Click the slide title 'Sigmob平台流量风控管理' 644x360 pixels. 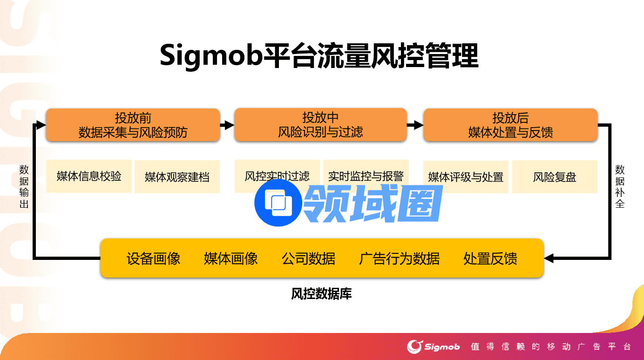tap(319, 56)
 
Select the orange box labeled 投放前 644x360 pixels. tap(133, 125)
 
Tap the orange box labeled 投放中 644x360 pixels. tap(320, 125)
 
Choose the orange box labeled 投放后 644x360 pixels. tap(510, 125)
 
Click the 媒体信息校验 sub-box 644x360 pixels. tap(89, 176)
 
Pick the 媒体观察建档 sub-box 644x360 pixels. tap(177, 177)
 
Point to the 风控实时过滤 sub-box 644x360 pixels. tap(277, 176)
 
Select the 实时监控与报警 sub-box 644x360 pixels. tap(366, 176)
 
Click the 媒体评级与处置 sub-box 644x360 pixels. tap(466, 177)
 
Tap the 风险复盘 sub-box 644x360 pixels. tap(555, 177)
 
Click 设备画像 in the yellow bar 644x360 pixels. tap(154, 258)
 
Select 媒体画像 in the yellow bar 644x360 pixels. tap(231, 258)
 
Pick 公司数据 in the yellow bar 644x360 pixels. tap(308, 258)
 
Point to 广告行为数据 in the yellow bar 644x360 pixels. tap(399, 258)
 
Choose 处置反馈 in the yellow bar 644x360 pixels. tap(490, 258)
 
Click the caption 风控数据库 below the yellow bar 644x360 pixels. tap(322, 294)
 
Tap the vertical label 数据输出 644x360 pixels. tap(24, 186)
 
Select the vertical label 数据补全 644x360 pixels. tap(620, 186)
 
